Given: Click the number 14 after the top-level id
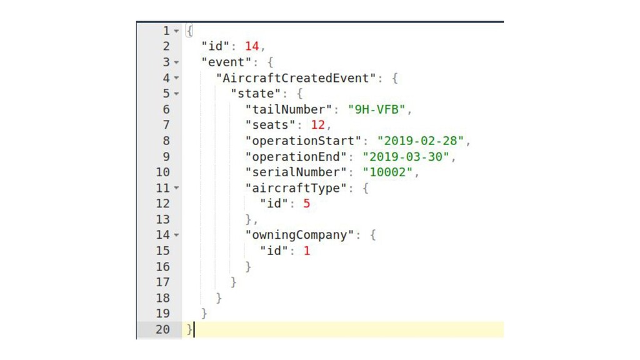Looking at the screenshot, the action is (252, 46).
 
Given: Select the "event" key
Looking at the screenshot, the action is (227, 62).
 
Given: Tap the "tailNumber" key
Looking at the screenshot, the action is (287, 109).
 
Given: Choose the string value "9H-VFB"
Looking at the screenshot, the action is (376, 109).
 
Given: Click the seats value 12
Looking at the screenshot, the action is (318, 125).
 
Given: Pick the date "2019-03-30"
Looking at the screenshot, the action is (406, 156).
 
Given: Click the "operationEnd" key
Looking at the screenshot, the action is (295, 156).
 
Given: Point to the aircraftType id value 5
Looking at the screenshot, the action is (307, 204).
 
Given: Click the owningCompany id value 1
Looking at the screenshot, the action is (307, 251).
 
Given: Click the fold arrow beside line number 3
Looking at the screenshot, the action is (176, 62).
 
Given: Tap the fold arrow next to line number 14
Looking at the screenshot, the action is (176, 236).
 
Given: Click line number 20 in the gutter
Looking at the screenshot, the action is (162, 329).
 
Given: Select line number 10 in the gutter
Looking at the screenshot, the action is (162, 172).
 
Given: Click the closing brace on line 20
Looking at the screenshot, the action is (189, 329).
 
